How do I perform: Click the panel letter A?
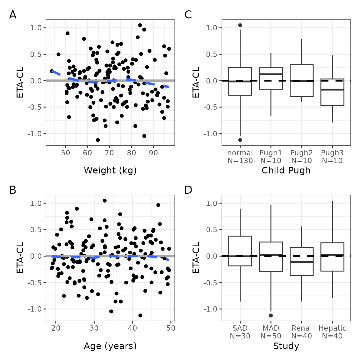pyautogui.click(x=13, y=15)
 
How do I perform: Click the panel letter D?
pyautogui.click(x=188, y=190)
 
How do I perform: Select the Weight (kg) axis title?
pyautogui.click(x=110, y=170)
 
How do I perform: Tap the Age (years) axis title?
pyautogui.click(x=110, y=346)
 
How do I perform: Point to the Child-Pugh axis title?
pyautogui.click(x=286, y=170)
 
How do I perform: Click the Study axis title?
pyautogui.click(x=286, y=346)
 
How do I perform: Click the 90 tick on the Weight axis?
pyautogui.click(x=153, y=153)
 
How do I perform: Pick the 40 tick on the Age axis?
pyautogui.click(x=132, y=328)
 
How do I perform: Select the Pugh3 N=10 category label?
pyautogui.click(x=332, y=157)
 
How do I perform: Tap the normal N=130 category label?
pyautogui.click(x=240, y=157)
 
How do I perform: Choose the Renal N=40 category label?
pyautogui.click(x=302, y=332)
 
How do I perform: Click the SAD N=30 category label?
pyautogui.click(x=240, y=332)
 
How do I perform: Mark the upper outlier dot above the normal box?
pyautogui.click(x=240, y=25)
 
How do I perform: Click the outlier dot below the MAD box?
pyautogui.click(x=271, y=315)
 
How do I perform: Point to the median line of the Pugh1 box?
pyautogui.click(x=271, y=74)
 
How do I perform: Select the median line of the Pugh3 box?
pyautogui.click(x=332, y=90)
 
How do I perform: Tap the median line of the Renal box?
pyautogui.click(x=302, y=262)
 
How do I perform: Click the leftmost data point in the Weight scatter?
pyautogui.click(x=52, y=71)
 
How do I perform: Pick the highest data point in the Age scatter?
pyautogui.click(x=105, y=201)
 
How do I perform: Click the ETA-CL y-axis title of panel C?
pyautogui.click(x=196, y=82)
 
